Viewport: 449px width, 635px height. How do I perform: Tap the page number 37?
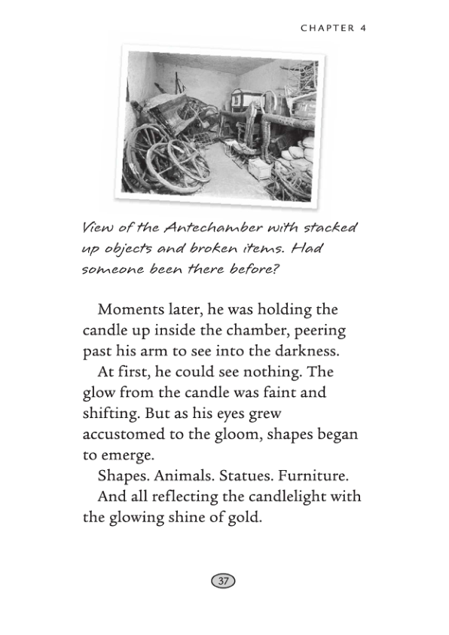[x=224, y=580]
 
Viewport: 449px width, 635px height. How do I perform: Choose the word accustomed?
[x=129, y=435]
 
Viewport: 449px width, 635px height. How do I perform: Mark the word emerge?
[x=126, y=456]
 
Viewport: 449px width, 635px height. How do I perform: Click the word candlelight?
[x=291, y=496]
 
